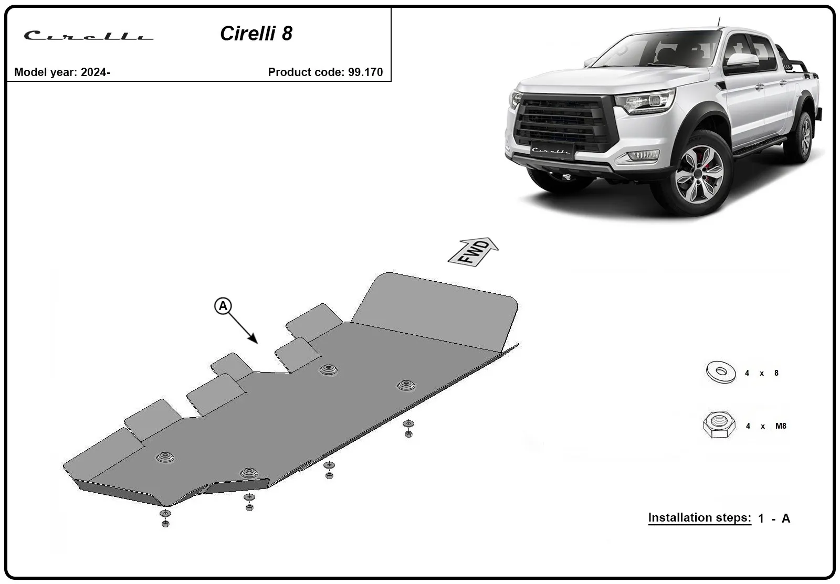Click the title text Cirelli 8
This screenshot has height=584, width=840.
coord(256,34)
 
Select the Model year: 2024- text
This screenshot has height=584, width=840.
coord(62,72)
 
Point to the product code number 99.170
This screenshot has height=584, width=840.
coord(365,72)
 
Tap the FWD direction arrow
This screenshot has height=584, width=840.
coord(473,252)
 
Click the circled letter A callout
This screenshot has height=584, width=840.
coord(223,306)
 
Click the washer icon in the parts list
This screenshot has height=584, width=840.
coord(721,372)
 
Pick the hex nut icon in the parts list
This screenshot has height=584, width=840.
coord(719,424)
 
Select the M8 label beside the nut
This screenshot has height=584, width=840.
coord(781,426)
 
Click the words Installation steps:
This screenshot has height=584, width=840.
coord(700,518)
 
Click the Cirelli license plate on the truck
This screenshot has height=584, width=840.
coord(552,150)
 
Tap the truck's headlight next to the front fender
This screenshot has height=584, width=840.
coord(645,100)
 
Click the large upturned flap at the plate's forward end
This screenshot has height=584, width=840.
coord(435,312)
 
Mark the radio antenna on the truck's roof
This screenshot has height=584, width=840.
coord(719,22)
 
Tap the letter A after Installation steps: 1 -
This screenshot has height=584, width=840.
coord(786,518)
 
